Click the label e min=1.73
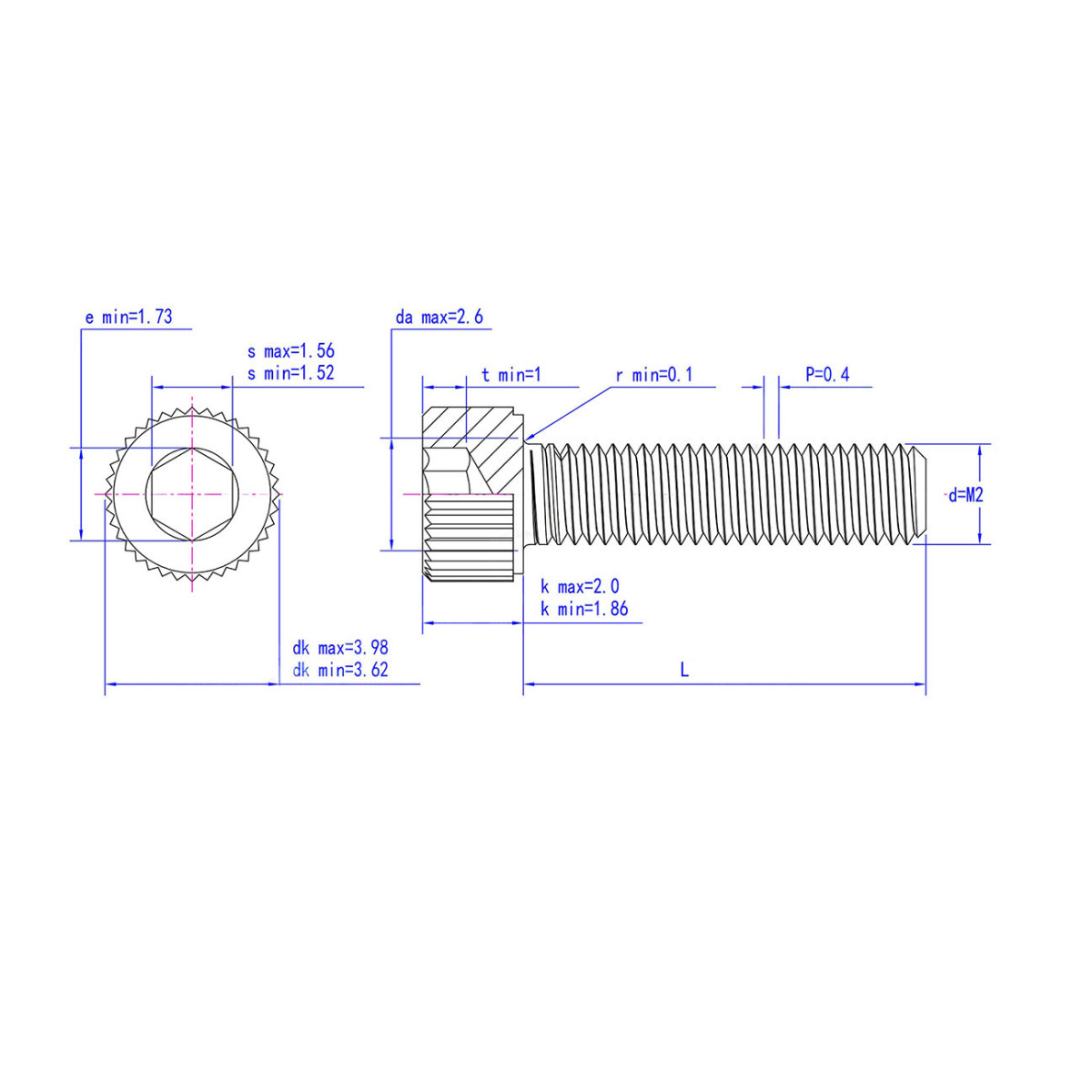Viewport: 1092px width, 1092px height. click(128, 317)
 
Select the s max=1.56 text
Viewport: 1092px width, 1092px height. click(291, 350)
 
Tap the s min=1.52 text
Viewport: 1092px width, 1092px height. click(291, 373)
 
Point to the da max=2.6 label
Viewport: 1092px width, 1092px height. click(440, 317)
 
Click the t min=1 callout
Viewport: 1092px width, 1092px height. click(511, 375)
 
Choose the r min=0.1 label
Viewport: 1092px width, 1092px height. click(654, 375)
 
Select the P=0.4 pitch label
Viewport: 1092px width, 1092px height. click(827, 375)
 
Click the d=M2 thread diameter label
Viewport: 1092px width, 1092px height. click(966, 496)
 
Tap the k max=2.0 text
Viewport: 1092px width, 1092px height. click(580, 587)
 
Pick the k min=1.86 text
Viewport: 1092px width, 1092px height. click(584, 609)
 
